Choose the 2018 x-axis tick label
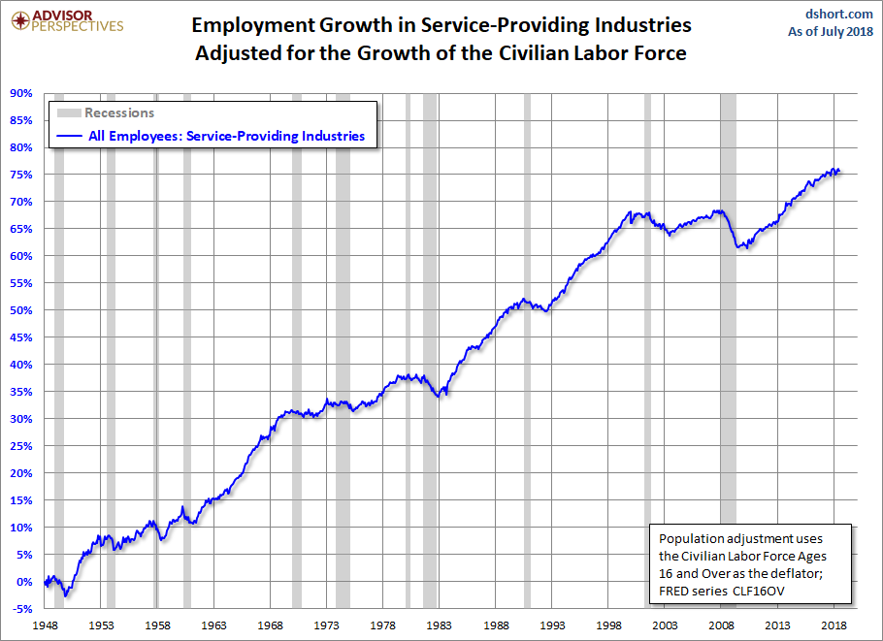point(833,625)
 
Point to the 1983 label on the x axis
point(440,625)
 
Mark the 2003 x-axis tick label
point(665,625)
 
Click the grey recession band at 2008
point(728,388)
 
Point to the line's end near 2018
point(839,171)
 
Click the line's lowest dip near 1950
point(66,593)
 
